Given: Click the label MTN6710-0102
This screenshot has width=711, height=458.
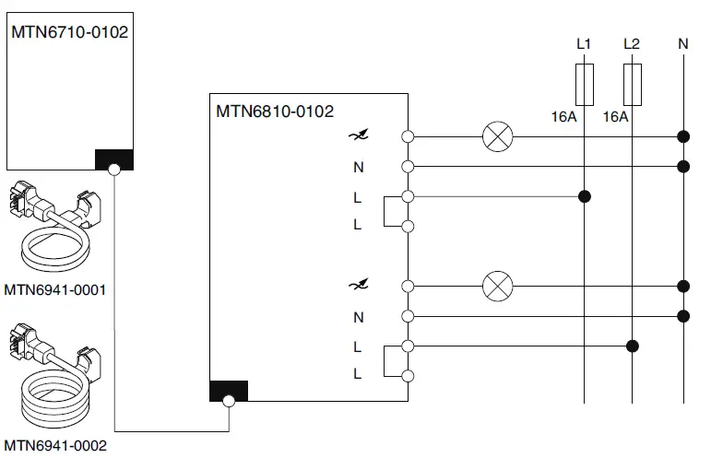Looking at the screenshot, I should [69, 31].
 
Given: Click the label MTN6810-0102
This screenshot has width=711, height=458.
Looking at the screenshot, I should [275, 111].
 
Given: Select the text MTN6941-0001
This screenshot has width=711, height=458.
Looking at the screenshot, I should [55, 289].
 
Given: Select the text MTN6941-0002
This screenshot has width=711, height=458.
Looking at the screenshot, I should [55, 446].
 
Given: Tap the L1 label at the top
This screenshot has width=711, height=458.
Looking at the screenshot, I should [584, 43].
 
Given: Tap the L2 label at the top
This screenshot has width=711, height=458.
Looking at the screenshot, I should [632, 43].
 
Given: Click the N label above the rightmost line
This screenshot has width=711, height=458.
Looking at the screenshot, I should [682, 43].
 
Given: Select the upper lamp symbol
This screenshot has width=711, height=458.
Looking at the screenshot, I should [498, 137].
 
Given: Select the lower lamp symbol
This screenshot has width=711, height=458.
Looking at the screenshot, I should [498, 287].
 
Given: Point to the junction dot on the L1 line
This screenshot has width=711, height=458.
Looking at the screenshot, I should [584, 196].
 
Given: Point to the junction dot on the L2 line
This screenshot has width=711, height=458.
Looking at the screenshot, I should [632, 346].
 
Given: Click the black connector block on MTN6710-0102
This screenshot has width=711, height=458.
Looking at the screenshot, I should [114, 160].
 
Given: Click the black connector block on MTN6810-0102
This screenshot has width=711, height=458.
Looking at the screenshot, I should [229, 391].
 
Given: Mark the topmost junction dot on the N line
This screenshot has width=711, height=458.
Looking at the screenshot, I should [683, 137].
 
